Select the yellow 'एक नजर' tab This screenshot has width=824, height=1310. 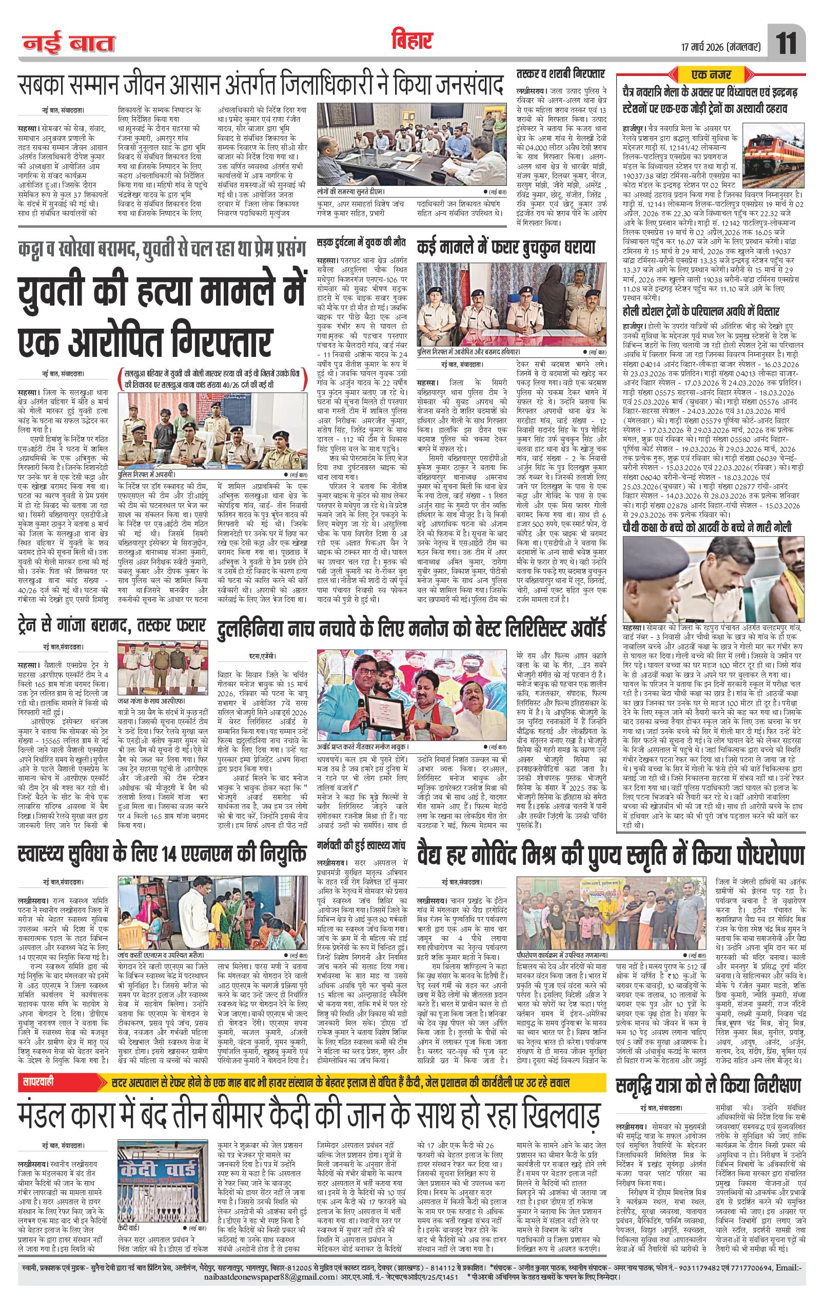click(x=712, y=73)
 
